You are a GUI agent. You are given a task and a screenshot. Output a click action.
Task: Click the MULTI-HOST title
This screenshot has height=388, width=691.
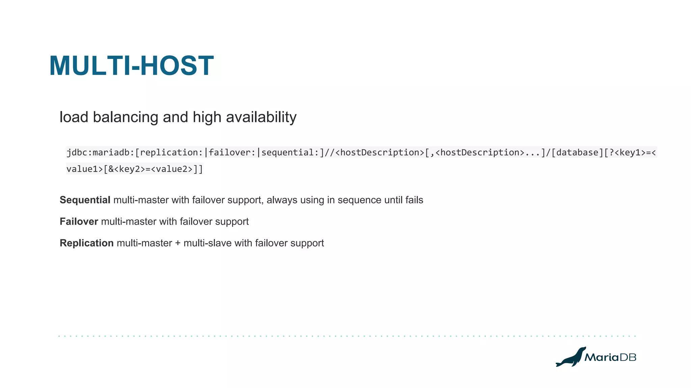coord(132,66)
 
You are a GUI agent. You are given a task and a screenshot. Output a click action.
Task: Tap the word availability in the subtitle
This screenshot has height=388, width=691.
coord(261,118)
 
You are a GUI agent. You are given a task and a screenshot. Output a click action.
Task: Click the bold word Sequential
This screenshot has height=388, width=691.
coord(85,200)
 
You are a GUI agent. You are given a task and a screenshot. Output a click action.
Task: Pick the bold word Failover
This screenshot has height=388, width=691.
coord(79,222)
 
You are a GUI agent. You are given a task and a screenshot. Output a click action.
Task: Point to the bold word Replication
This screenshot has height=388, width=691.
coord(87,243)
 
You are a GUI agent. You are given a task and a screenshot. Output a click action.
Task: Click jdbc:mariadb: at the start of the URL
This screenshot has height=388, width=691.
coord(100,153)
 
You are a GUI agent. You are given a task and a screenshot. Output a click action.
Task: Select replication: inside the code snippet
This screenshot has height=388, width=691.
coord(171,153)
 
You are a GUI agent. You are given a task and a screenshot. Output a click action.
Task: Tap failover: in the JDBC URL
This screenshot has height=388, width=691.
coord(232,153)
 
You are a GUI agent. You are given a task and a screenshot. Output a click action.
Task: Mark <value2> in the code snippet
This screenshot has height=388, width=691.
coord(172,169)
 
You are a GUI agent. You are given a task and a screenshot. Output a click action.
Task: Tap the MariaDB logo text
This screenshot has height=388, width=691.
coord(610,357)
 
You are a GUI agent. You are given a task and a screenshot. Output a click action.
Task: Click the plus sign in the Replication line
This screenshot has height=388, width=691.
coord(178,244)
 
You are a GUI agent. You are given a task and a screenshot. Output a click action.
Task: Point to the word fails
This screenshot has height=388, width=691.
coord(414,200)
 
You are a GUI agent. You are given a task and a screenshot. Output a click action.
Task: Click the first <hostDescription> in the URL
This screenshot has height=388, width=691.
coord(380,153)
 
